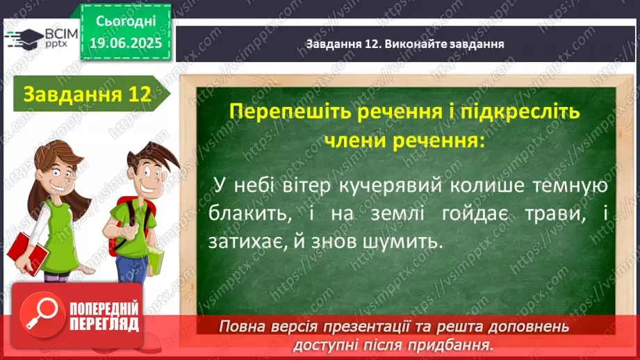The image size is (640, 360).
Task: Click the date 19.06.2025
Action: (x=126, y=43)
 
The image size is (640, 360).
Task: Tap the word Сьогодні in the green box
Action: (x=126, y=22)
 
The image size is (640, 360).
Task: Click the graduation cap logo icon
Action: (x=24, y=39)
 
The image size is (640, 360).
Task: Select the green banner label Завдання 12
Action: (x=88, y=94)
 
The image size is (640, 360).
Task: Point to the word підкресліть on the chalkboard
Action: (x=520, y=111)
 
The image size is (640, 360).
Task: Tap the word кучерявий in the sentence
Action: (x=391, y=186)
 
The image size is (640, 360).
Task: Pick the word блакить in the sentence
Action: (x=250, y=214)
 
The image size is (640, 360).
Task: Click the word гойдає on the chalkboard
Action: (x=475, y=214)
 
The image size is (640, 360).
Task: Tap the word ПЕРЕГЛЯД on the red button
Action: (x=104, y=325)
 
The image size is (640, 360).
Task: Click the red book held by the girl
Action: (x=27, y=252)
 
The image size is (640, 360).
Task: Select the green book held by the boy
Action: (x=156, y=261)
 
